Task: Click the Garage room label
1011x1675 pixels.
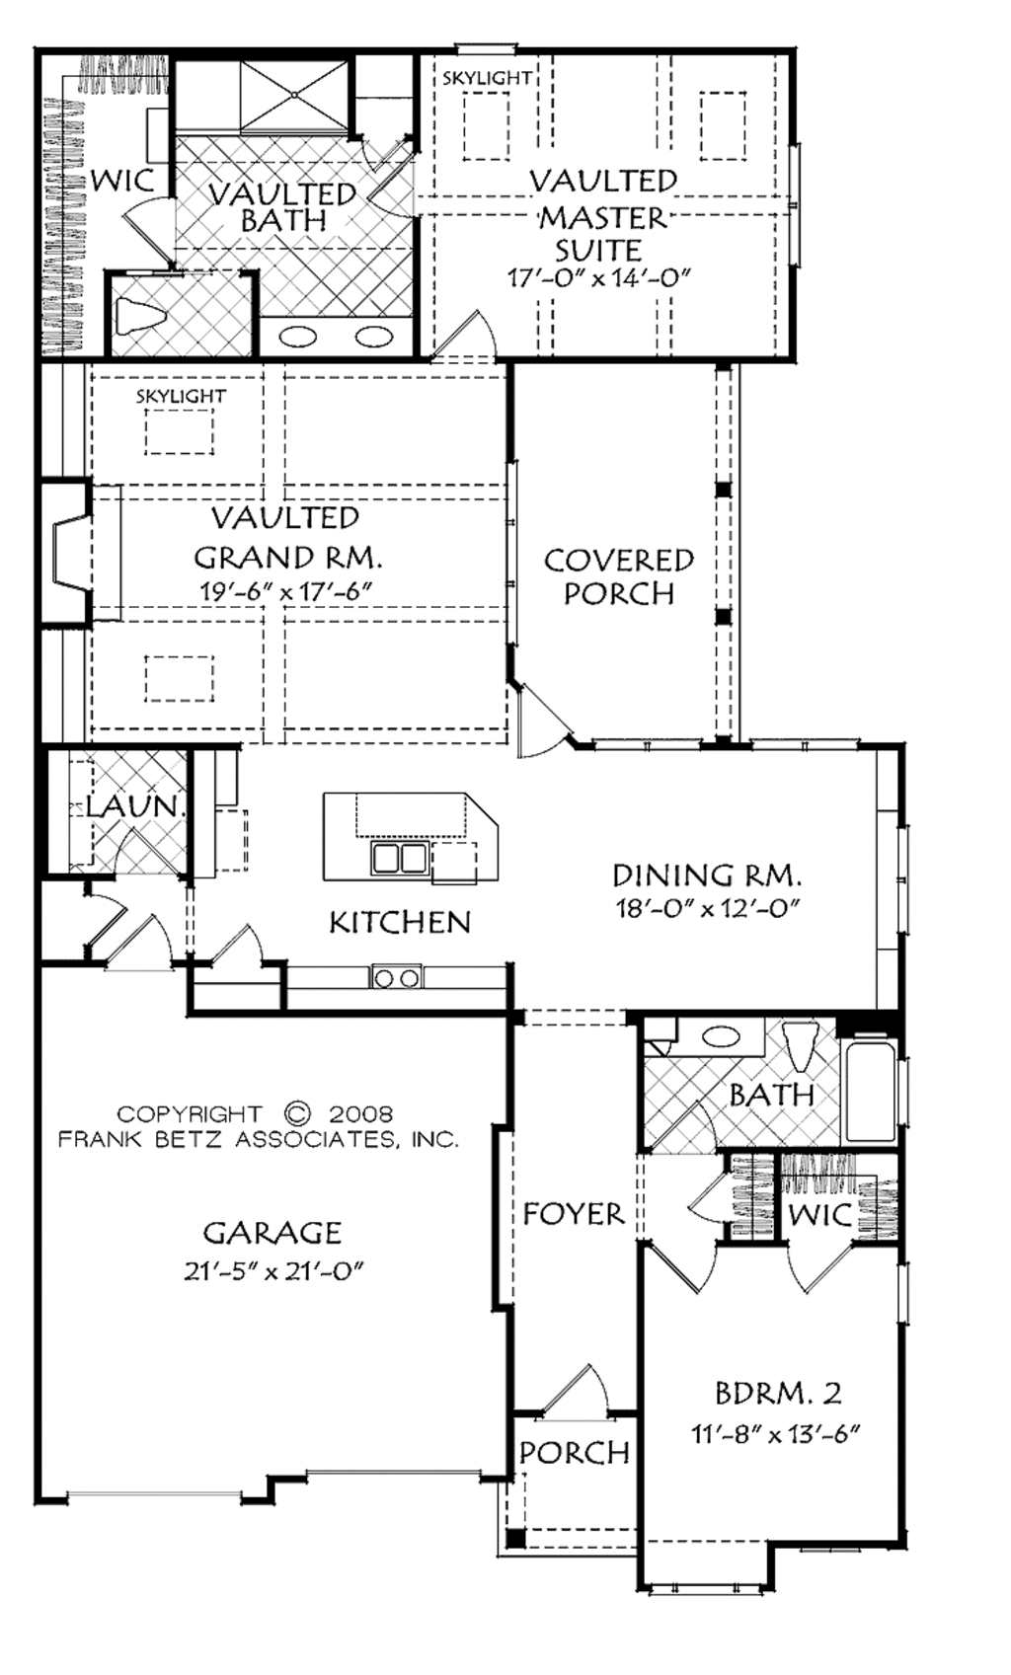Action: (x=272, y=1233)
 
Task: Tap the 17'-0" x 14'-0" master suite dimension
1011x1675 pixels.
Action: (x=597, y=277)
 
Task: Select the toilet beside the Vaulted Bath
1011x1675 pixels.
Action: (x=140, y=314)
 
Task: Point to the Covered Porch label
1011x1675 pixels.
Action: (x=619, y=576)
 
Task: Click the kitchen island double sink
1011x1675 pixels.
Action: (x=400, y=857)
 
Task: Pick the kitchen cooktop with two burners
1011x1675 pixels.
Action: (x=396, y=977)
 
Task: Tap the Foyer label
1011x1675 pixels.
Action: (x=573, y=1214)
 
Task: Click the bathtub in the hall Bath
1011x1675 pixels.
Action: (x=869, y=1088)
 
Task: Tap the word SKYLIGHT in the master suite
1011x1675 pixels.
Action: (x=487, y=78)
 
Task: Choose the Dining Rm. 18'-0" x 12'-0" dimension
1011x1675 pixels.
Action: (x=708, y=908)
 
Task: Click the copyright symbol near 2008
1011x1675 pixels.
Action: (x=297, y=1113)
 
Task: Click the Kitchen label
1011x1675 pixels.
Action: (x=400, y=923)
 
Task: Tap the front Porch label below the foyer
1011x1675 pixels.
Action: (x=575, y=1453)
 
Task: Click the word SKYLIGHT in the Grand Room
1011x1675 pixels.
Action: (x=181, y=397)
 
